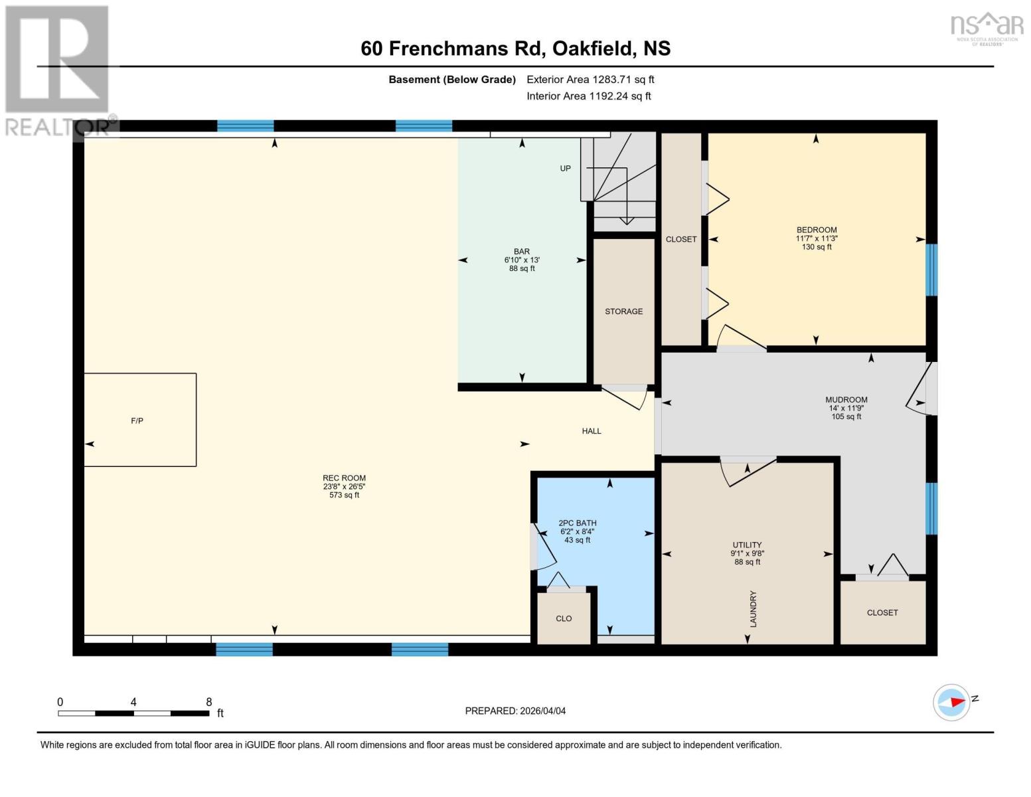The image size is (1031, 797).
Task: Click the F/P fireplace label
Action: [x=137, y=420]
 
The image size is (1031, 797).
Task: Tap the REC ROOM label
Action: [x=344, y=478]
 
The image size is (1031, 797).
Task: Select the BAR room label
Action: [x=522, y=252]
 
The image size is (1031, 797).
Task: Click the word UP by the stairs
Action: [x=565, y=169]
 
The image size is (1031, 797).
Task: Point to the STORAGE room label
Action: [x=623, y=311]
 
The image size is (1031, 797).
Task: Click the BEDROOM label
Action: [x=817, y=230]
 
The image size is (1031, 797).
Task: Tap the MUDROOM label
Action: [x=846, y=400]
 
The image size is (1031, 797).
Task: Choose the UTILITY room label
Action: [x=747, y=545]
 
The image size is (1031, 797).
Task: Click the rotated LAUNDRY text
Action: [x=753, y=609]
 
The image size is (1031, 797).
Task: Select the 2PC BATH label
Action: [x=578, y=523]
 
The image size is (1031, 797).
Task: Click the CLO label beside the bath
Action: [x=564, y=618]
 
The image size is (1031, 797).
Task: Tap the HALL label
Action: [x=592, y=431]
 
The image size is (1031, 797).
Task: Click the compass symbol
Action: [x=951, y=702]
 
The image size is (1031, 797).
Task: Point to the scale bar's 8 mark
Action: [x=209, y=703]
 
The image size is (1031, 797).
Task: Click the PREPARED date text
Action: [x=515, y=711]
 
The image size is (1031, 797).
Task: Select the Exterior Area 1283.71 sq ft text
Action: [x=590, y=79]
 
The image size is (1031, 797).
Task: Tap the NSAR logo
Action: [x=987, y=27]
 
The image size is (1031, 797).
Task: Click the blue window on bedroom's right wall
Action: [x=931, y=270]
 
